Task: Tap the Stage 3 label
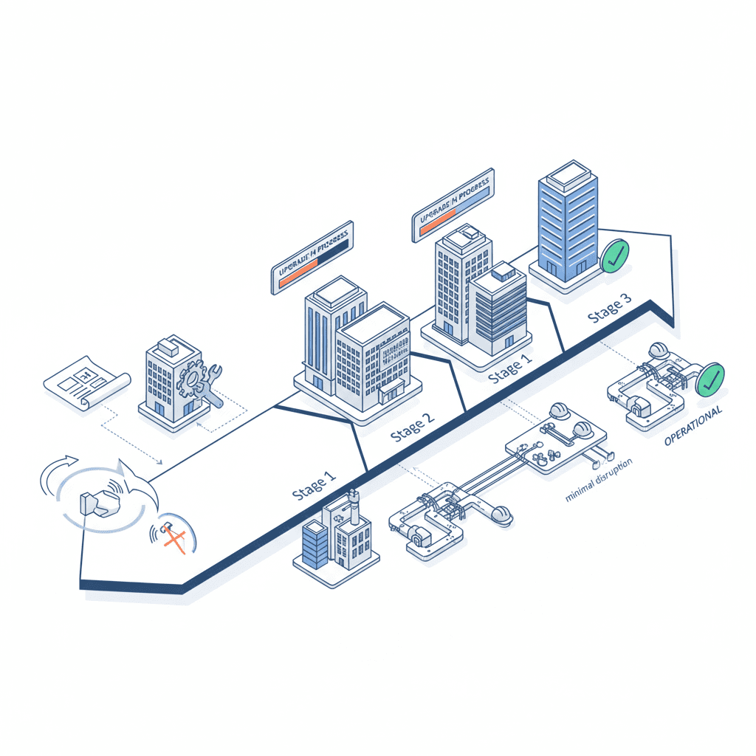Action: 609,309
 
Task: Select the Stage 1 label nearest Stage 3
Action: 509,368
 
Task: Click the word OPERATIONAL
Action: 693,426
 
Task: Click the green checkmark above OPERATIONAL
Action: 709,378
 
